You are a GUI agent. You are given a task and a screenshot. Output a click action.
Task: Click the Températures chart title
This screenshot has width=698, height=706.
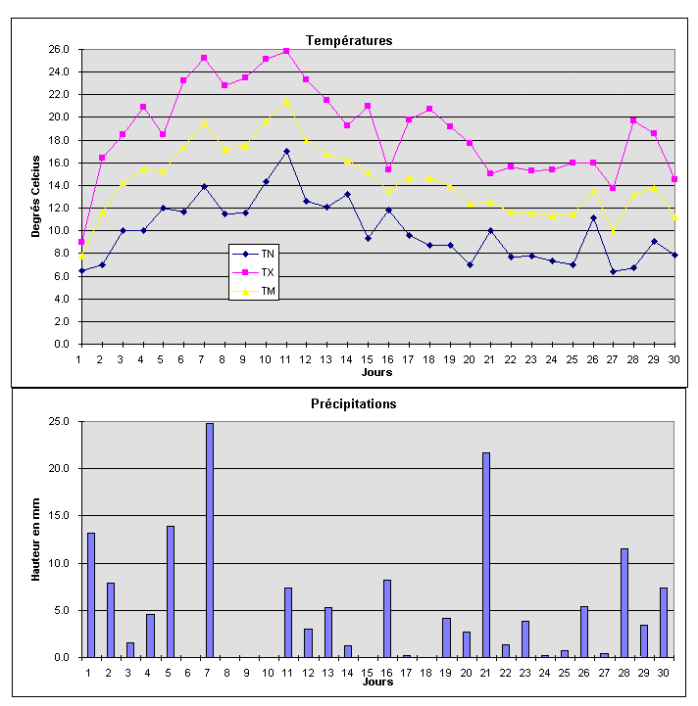pos(349,40)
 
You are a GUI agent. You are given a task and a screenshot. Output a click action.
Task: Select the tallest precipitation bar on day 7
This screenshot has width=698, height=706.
pos(209,540)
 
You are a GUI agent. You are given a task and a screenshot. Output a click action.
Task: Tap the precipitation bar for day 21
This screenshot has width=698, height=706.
pos(485,554)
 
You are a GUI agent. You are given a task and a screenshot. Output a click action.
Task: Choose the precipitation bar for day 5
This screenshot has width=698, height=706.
pos(170,591)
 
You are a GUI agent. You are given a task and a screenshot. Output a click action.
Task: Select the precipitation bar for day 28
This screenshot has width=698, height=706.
pos(623,602)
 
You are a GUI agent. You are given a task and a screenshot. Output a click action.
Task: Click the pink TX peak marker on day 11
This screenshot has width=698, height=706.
pos(286,51)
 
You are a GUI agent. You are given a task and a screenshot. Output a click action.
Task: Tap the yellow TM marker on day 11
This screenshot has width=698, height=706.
pos(286,101)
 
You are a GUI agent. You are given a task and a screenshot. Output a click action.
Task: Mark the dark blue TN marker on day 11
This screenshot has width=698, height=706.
pos(286,152)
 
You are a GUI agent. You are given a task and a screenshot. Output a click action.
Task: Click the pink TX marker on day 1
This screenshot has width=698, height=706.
pos(81,241)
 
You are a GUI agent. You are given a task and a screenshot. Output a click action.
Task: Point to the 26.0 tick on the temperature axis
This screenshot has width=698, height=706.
pos(59,49)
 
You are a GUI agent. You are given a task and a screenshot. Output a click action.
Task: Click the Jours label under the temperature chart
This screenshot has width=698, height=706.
pos(376,372)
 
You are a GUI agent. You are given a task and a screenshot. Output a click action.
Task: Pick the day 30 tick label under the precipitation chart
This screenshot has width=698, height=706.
pos(664,672)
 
